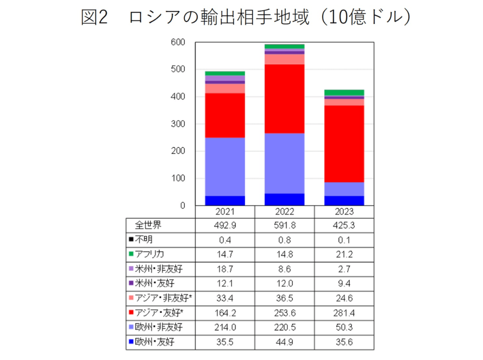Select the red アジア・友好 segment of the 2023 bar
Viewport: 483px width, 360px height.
pos(344,144)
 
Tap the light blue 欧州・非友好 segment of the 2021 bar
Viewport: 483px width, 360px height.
pos(225,166)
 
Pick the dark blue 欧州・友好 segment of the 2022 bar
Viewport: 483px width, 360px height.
pos(284,199)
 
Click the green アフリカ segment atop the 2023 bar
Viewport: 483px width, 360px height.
pos(344,92)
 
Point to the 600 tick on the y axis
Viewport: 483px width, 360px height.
pos(178,42)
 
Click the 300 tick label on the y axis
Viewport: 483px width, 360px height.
pos(178,124)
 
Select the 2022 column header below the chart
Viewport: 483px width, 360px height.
pos(284,212)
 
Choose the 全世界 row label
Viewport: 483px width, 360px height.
pos(148,225)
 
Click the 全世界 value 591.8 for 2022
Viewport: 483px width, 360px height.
pos(284,225)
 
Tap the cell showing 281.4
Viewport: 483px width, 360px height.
pos(344,313)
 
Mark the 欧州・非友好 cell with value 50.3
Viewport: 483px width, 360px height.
pos(344,327)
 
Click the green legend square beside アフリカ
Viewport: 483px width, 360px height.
pos(131,254)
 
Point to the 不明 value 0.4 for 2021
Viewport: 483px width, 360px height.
pos(225,240)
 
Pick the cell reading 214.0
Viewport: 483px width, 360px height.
pos(225,327)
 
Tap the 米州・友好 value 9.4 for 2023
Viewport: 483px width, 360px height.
pos(344,284)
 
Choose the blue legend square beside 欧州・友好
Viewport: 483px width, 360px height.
pos(131,342)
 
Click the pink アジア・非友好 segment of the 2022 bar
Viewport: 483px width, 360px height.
pos(284,59)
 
